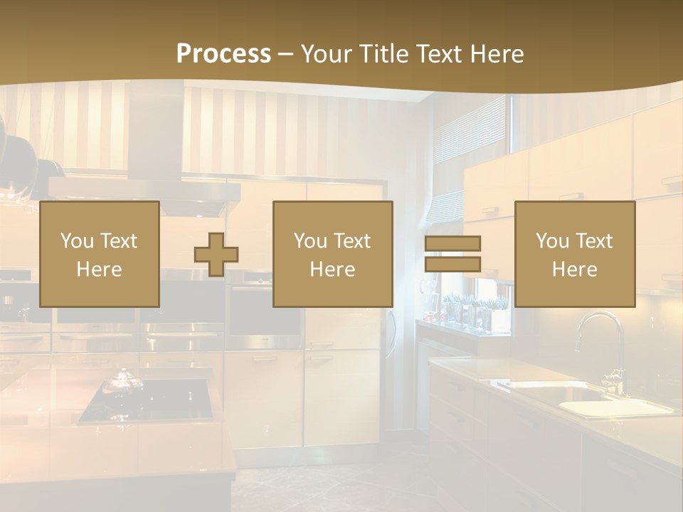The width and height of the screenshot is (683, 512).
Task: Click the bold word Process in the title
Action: [223, 54]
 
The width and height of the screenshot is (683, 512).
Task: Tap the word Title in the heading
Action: [383, 54]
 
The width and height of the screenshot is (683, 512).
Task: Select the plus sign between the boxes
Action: [216, 254]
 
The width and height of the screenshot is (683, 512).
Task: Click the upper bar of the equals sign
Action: [452, 243]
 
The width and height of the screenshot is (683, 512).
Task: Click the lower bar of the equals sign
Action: [452, 265]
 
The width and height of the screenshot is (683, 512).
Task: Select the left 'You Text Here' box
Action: [100, 254]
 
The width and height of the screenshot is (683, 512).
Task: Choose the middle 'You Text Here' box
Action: [333, 254]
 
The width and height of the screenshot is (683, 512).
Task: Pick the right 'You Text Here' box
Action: [575, 254]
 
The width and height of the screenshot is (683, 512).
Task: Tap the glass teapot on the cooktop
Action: [118, 383]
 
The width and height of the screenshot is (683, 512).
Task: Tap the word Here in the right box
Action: [575, 270]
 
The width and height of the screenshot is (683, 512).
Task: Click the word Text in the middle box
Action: [351, 241]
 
